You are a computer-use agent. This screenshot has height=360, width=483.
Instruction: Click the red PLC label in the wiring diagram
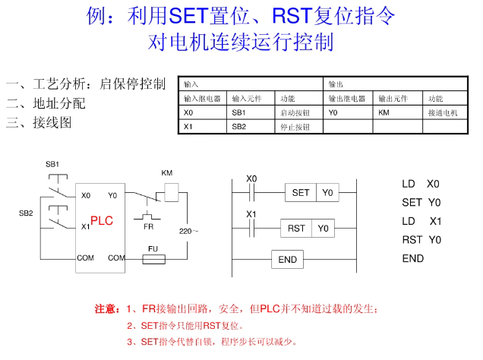(x=102, y=220)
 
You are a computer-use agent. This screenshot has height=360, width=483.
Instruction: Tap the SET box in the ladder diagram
(x=301, y=192)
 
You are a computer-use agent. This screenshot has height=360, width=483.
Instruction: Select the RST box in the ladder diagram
(x=297, y=228)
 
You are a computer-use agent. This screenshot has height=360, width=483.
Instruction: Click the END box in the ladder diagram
(x=288, y=260)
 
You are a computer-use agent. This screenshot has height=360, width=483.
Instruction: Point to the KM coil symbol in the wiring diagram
(x=171, y=189)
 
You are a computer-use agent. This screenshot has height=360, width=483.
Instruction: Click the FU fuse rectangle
(x=154, y=259)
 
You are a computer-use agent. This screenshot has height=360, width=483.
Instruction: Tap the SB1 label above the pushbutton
(x=52, y=164)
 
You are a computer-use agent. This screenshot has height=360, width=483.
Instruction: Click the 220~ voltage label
(x=188, y=230)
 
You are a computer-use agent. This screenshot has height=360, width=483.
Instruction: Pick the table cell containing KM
(x=397, y=112)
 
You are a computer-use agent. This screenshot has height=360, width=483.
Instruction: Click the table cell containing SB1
(x=251, y=112)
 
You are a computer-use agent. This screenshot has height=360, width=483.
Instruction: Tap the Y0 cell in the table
(x=347, y=112)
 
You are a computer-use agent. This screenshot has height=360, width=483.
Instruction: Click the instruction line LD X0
(x=421, y=184)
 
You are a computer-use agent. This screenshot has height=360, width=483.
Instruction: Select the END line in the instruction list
(x=413, y=258)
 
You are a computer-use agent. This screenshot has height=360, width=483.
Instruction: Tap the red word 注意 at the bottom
(x=106, y=308)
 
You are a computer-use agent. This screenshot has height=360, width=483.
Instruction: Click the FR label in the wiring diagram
(x=148, y=226)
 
